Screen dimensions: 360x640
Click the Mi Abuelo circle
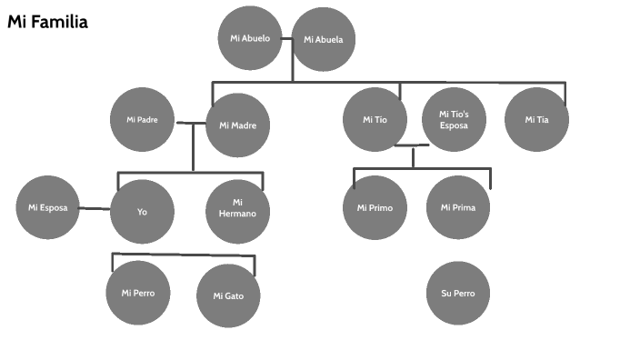(x=250, y=39)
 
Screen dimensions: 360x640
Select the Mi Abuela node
(x=323, y=39)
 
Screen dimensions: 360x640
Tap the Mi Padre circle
(x=142, y=120)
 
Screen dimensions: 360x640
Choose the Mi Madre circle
(x=238, y=125)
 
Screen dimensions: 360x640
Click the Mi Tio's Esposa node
(x=454, y=119)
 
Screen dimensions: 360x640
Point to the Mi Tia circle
(x=536, y=119)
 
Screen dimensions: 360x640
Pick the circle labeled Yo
(x=142, y=212)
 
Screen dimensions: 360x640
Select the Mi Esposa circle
(x=47, y=207)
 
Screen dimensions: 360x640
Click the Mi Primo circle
(x=375, y=208)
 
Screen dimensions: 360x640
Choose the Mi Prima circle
(x=458, y=208)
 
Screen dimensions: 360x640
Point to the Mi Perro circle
(x=138, y=293)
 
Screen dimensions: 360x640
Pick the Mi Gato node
(x=229, y=296)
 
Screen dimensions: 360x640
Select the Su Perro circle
(x=458, y=293)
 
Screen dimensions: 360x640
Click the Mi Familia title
(x=47, y=22)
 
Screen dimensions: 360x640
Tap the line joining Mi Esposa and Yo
(x=94, y=209)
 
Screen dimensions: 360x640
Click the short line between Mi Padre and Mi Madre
(x=191, y=123)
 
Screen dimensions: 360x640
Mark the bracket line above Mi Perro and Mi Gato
(x=182, y=255)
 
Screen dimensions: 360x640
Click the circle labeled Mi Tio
(x=375, y=119)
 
